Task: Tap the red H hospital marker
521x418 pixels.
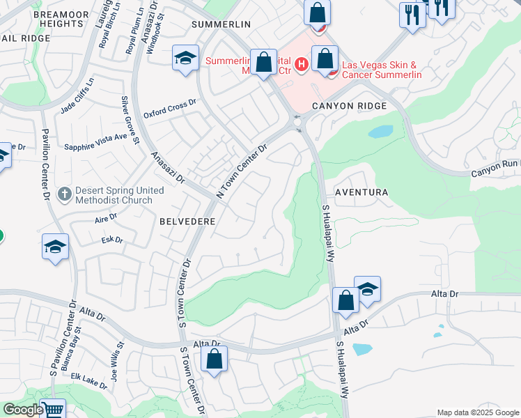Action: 301,65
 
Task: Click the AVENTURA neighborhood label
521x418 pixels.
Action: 361,192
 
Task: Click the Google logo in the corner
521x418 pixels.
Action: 22,410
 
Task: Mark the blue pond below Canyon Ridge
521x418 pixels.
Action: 380,132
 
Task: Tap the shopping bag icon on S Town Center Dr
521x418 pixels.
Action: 214,359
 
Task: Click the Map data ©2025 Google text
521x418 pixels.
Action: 477,412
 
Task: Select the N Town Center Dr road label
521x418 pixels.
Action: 242,171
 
